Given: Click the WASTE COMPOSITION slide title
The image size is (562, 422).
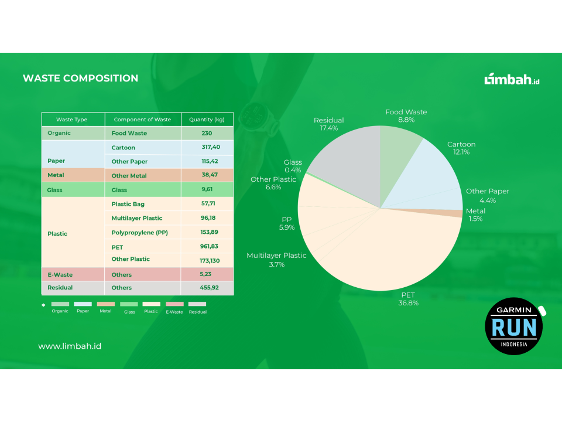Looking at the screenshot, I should [80, 78].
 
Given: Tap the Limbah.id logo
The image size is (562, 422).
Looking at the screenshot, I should [512, 80].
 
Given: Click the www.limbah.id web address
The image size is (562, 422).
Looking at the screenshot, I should [70, 346].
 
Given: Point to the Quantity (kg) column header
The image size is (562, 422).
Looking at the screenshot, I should [207, 120].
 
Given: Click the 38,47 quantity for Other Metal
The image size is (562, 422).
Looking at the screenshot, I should [207, 175].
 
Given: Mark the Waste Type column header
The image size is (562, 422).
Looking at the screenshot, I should [72, 120].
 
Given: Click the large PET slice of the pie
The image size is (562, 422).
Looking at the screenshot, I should [386, 252].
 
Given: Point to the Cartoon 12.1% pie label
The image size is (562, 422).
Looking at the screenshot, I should [461, 148].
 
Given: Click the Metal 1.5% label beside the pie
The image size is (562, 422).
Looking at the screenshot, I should [475, 215].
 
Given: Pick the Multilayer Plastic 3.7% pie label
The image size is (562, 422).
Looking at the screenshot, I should [276, 260].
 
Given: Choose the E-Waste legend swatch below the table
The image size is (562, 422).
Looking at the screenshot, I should [174, 304].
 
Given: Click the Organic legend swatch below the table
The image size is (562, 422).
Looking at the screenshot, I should [60, 304].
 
